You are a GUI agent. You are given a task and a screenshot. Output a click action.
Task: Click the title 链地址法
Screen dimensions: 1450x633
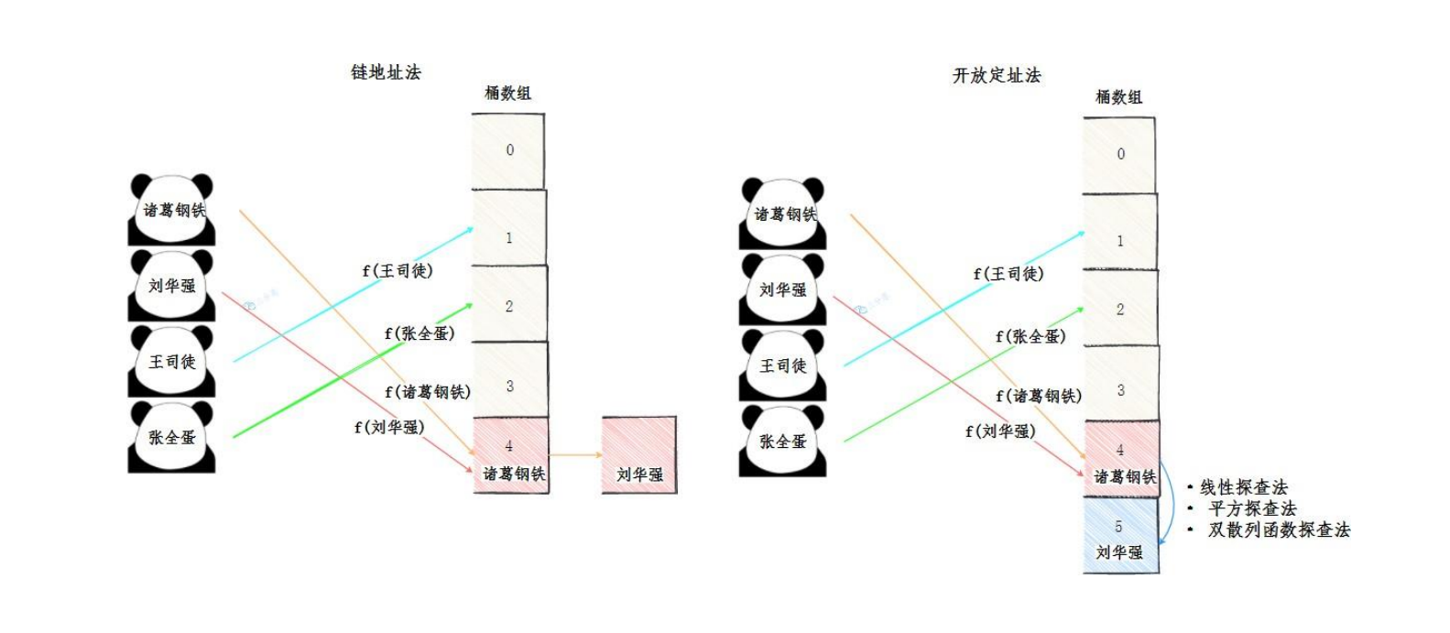[386, 71]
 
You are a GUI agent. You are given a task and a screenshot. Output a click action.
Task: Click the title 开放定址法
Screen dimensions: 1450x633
[997, 75]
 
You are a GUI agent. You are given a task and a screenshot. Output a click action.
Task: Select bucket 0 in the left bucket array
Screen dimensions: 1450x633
[508, 150]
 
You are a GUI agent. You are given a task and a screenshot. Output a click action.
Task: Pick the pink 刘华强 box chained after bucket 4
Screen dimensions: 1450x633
[639, 456]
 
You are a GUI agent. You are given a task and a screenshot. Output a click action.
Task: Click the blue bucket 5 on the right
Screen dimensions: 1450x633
[1120, 536]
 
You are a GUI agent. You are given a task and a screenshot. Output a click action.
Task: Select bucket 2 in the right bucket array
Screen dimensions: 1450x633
[1120, 309]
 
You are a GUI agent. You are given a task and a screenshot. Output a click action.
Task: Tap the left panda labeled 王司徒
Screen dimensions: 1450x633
[171, 361]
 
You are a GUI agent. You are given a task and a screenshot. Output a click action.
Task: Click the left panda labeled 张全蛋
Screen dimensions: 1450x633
[171, 437]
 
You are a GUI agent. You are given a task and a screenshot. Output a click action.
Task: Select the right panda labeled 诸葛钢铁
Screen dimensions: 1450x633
[783, 213]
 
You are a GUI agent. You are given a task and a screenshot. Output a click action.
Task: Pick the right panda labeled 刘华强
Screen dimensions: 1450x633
[783, 289]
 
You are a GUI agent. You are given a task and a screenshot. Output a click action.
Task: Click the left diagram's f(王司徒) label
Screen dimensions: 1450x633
[398, 270]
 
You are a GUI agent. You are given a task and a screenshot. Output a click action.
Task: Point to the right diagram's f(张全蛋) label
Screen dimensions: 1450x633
[1030, 336]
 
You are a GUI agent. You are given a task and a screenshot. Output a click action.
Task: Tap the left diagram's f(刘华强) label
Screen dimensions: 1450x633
[389, 426]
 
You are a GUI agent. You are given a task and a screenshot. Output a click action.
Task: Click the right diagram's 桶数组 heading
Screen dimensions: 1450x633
[1118, 96]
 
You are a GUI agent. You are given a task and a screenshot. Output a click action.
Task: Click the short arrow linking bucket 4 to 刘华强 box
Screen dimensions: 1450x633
[575, 454]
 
